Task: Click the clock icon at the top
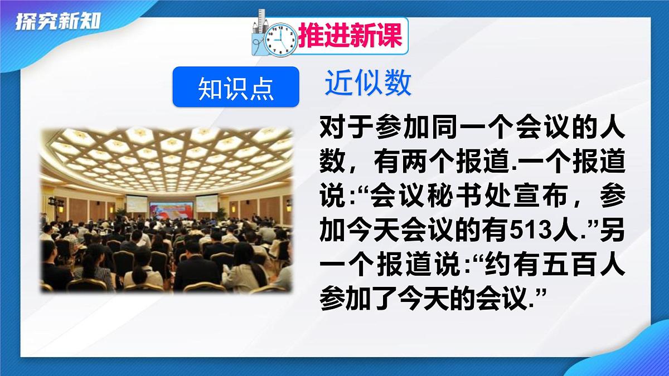(x=280, y=38)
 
